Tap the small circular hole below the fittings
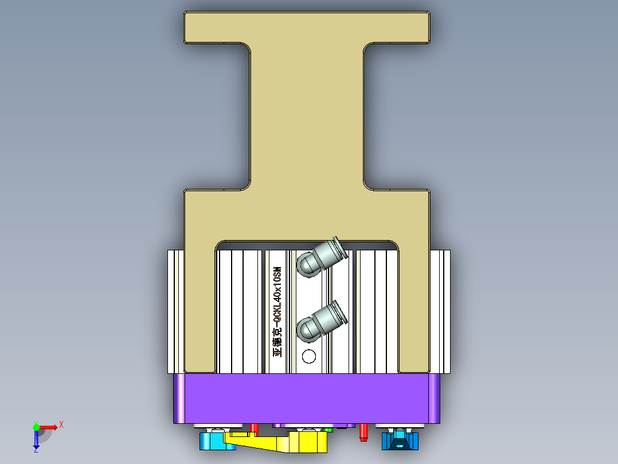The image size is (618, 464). coord(309,357)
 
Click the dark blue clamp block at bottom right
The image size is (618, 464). coord(400,441)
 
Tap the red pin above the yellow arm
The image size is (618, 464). coord(255,428)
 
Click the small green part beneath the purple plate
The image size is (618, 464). coord(328,429)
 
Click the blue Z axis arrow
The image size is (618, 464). coord(36,440)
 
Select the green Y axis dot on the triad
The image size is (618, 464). coord(36,427)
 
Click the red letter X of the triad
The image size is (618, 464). coord(61,424)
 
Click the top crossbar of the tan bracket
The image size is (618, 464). coord(307,27)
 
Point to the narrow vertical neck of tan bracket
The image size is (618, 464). coord(307,115)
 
